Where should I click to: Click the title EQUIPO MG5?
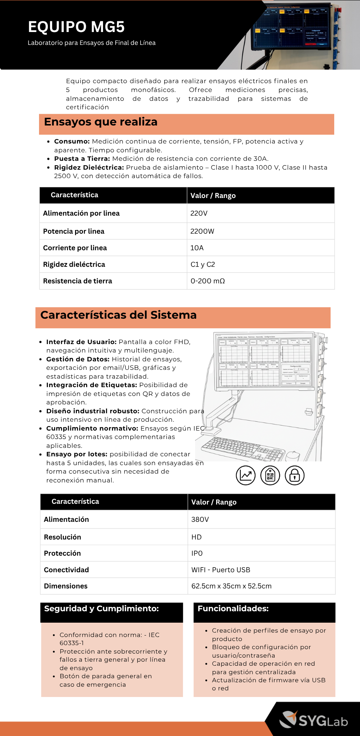(76, 27)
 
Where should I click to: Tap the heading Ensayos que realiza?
(100, 122)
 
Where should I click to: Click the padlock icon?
(294, 475)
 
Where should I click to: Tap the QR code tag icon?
(270, 475)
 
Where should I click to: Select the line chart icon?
(246, 475)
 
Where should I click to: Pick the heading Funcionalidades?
(233, 609)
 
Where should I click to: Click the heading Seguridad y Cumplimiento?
(101, 609)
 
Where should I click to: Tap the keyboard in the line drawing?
(243, 448)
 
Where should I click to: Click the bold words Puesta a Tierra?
(82, 159)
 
